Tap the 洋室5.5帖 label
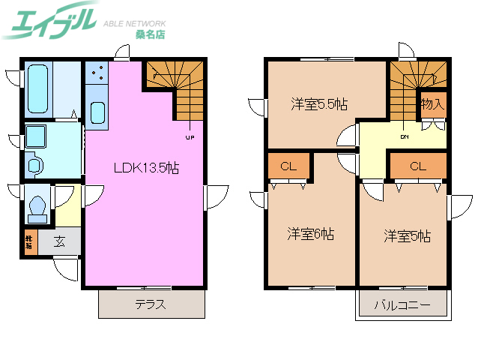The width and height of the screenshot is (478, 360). point(318,103)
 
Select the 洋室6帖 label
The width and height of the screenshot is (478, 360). point(311,234)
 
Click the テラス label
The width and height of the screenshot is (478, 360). point(150,305)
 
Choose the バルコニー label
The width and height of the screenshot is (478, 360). point(402,306)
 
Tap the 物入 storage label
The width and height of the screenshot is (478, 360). point(432,104)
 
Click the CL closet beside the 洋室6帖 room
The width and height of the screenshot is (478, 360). point(288,166)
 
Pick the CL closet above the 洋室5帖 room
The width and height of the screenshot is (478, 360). point(417,166)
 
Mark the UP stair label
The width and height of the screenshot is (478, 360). point(190,137)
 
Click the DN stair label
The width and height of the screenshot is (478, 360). point(404,137)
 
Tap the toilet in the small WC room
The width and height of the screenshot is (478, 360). point(37,205)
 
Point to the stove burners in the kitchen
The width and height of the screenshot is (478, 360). point(96,73)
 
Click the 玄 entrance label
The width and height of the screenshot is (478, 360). point(58,241)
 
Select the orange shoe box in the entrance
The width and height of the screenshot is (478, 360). point(28,242)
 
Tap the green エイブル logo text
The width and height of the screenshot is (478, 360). point(49,22)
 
